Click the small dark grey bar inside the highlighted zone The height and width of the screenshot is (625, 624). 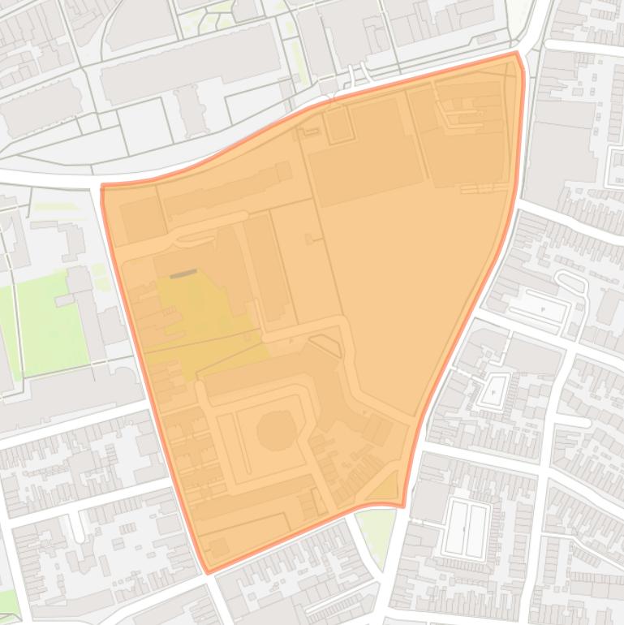[x=183, y=274]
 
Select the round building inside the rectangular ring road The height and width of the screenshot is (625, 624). [x=277, y=429]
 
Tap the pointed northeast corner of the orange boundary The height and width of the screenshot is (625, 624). [x=516, y=54]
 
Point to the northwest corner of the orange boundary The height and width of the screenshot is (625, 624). [x=102, y=187]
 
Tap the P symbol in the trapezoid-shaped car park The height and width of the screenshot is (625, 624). [x=542, y=309]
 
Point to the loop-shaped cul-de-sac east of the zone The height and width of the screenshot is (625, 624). [x=571, y=283]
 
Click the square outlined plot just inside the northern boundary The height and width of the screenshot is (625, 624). [x=337, y=125]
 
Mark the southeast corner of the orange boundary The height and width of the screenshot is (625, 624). [x=402, y=506]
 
